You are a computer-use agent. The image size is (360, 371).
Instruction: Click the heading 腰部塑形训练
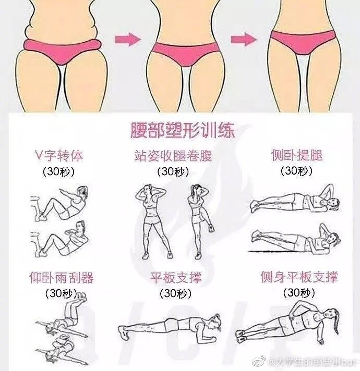point(183,130)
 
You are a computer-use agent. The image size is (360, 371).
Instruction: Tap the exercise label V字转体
point(59,156)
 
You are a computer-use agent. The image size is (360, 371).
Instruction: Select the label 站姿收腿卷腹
point(173,156)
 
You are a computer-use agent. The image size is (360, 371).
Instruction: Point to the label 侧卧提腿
point(297,155)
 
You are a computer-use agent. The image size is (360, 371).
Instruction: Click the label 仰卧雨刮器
point(62,278)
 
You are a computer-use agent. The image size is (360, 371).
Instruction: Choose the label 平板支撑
point(176,277)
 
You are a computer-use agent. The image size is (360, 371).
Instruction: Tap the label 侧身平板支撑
point(299,277)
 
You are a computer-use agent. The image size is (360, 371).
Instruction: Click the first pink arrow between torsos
point(128,39)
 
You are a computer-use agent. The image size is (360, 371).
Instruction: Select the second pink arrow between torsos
point(244,39)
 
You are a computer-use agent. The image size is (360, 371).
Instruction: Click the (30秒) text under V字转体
point(59,171)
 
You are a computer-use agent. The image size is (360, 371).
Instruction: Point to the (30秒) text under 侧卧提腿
point(296,171)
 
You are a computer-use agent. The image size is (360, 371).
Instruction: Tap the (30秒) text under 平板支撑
point(176,293)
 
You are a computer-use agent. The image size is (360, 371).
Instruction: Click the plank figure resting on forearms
point(170,327)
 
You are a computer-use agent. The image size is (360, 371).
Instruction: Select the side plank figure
point(289,325)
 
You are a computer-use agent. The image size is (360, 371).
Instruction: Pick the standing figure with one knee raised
point(200,221)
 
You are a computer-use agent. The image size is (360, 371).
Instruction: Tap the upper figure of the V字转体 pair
point(61,204)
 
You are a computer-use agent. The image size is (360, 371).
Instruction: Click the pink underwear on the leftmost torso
point(63,52)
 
